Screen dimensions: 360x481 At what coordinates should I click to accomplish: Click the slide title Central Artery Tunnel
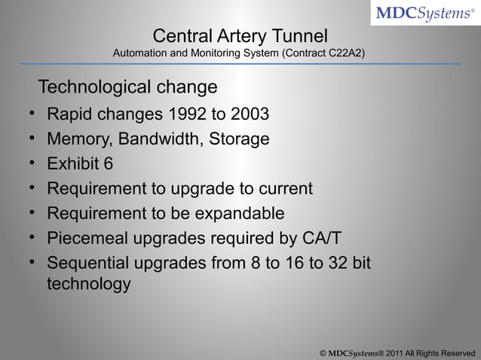click(240, 36)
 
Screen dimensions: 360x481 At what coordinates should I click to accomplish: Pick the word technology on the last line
click(88, 286)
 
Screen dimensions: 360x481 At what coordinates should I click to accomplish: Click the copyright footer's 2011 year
click(397, 352)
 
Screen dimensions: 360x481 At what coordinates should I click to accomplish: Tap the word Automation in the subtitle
click(139, 54)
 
